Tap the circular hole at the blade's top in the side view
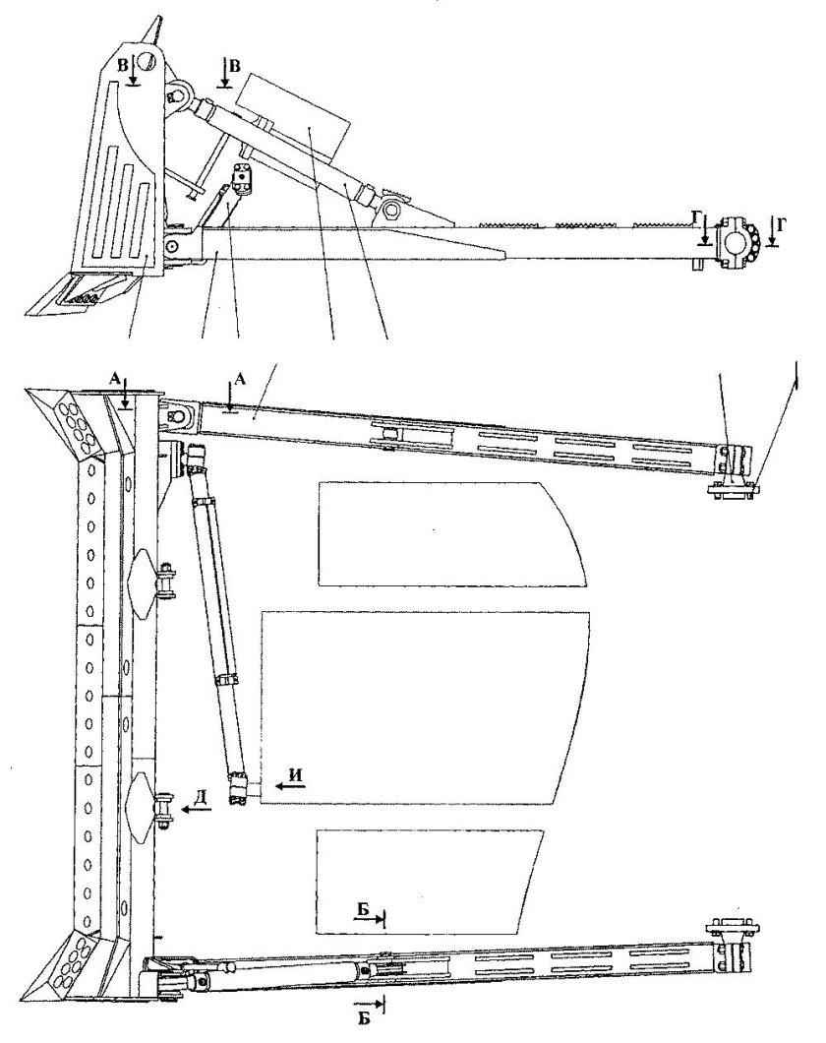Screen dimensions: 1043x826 point(147,62)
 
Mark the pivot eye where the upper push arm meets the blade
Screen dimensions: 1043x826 point(176,417)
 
